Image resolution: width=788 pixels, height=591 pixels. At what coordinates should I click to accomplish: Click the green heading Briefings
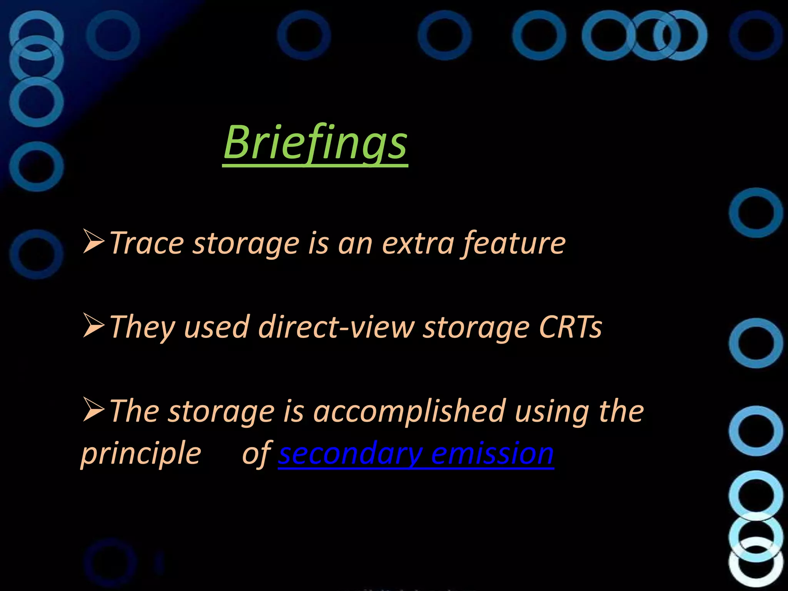click(x=315, y=143)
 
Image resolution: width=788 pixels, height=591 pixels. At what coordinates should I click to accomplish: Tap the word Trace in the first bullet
click(x=147, y=243)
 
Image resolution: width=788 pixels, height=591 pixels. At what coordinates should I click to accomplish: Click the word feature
click(x=514, y=243)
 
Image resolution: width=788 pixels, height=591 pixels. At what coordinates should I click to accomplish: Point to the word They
click(x=142, y=327)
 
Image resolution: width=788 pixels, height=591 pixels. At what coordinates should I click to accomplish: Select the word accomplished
click(x=409, y=411)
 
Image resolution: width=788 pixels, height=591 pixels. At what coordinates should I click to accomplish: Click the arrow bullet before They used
click(x=93, y=326)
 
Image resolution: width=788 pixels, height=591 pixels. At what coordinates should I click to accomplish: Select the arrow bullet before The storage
click(x=93, y=409)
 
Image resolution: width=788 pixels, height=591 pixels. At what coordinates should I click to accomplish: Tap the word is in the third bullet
click(x=294, y=411)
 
